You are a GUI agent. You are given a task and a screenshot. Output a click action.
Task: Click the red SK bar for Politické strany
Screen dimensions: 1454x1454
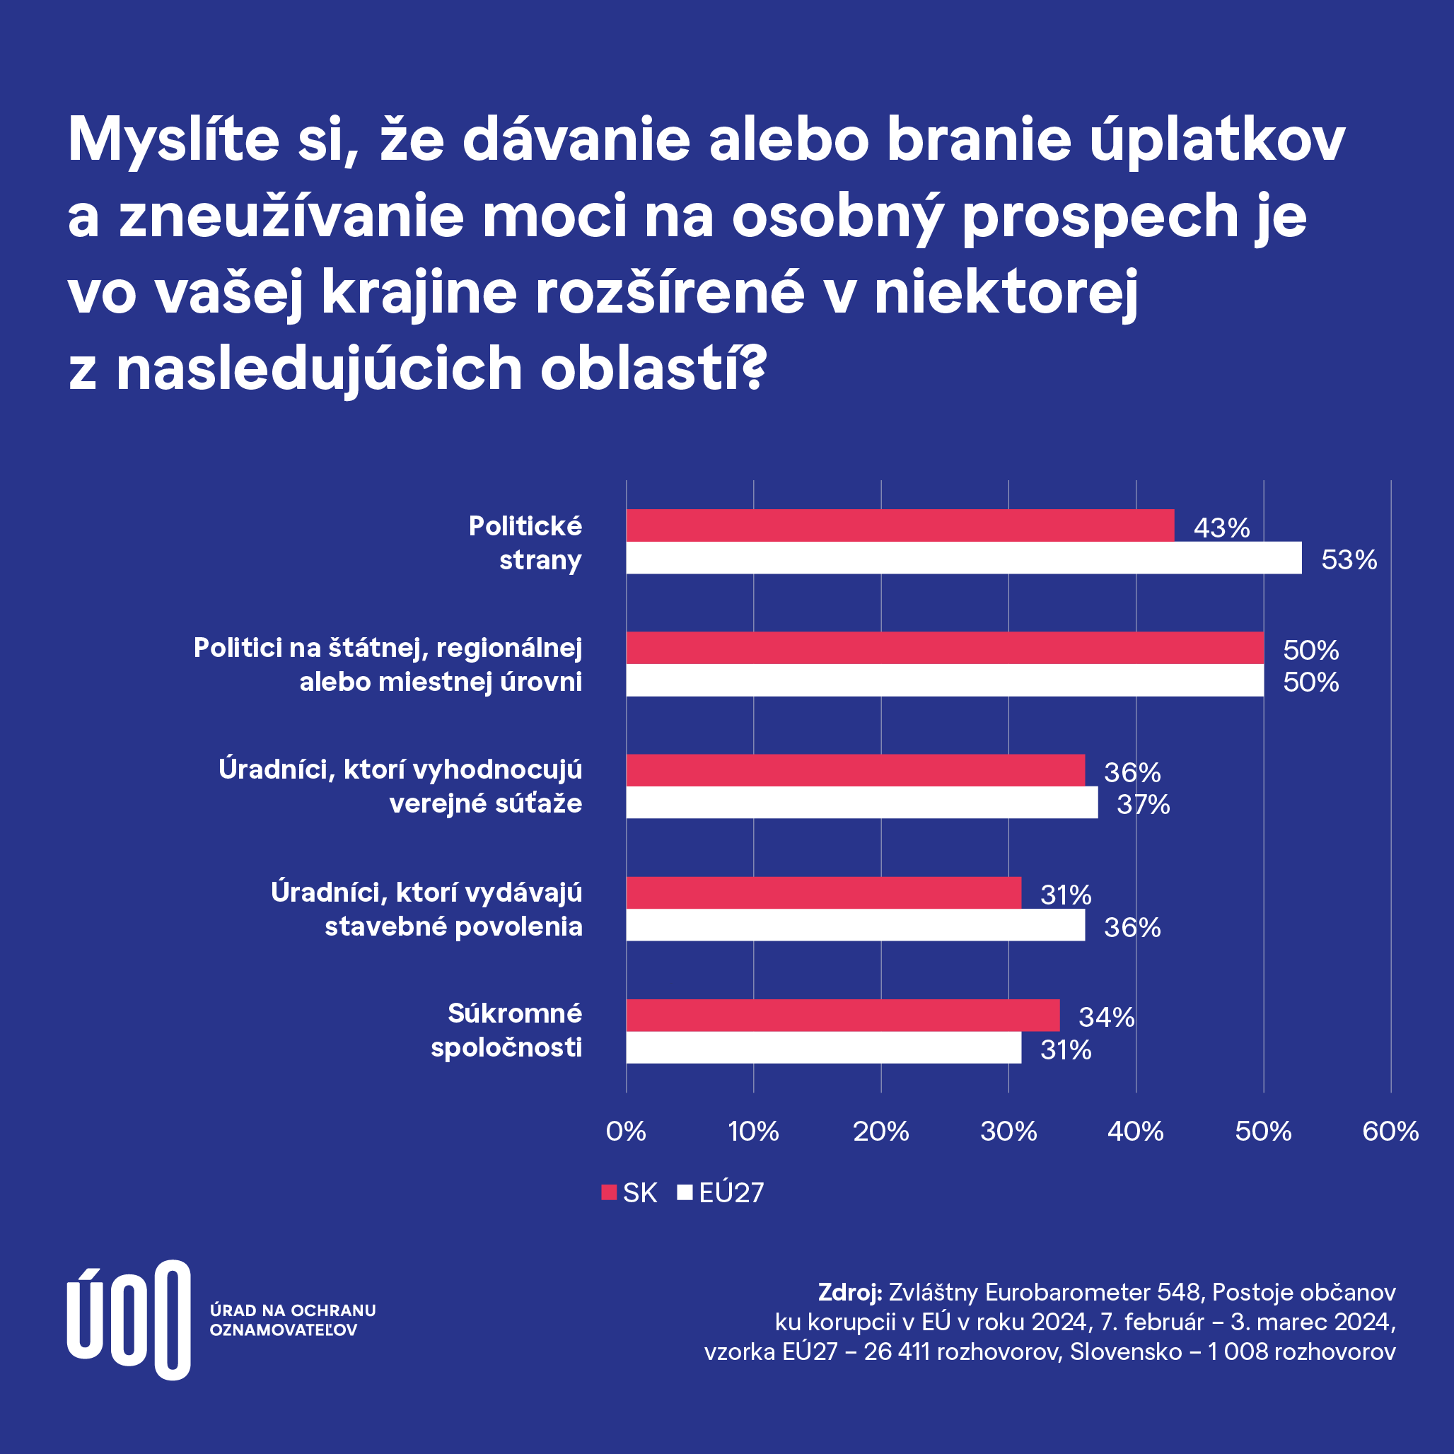point(900,525)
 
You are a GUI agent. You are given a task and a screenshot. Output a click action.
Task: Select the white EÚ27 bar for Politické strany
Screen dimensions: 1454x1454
point(963,558)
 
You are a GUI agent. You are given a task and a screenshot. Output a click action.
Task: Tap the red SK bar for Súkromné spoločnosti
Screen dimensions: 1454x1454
point(842,1016)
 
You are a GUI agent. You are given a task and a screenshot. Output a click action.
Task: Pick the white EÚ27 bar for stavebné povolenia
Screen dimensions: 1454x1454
point(855,925)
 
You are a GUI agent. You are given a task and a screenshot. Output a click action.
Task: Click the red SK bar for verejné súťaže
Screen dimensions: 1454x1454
point(855,770)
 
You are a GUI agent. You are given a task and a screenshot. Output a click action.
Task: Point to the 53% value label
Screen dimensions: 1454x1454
point(1349,560)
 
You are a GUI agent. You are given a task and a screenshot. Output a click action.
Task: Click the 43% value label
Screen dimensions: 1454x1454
point(1221,528)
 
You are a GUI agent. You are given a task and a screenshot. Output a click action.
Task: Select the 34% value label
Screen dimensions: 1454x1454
point(1105,1018)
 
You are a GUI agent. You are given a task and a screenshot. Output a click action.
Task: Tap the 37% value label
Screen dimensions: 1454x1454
point(1142,805)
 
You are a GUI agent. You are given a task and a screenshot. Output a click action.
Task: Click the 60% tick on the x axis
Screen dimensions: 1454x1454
point(1390,1131)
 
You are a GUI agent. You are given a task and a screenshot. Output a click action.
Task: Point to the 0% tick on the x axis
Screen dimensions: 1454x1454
point(625,1131)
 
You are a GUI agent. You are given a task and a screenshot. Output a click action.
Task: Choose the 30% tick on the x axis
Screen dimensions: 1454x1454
point(1008,1131)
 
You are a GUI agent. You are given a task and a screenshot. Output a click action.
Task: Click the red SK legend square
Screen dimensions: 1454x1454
point(609,1192)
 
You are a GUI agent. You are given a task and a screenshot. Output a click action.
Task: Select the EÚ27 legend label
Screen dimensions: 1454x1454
point(731,1193)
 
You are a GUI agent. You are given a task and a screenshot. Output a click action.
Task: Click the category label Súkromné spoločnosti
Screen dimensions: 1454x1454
point(506,1030)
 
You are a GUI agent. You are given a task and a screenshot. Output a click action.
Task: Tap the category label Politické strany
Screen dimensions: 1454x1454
point(525,542)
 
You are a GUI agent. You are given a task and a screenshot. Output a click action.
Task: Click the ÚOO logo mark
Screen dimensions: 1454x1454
point(128,1320)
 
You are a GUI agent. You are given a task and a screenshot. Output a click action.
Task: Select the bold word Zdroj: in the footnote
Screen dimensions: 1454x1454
point(849,1292)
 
